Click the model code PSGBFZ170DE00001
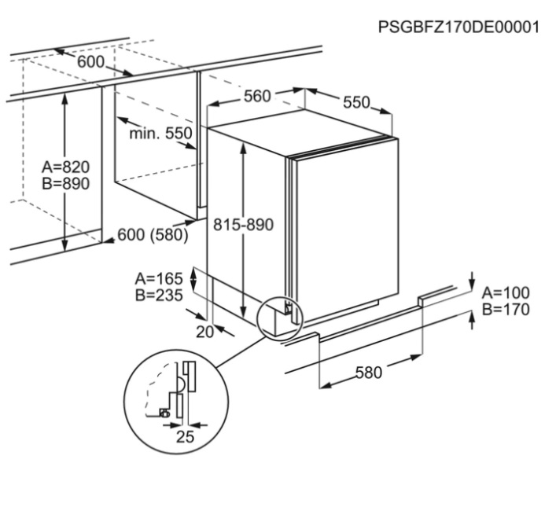point(458,27)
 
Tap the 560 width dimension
point(257,96)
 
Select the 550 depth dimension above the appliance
point(356,102)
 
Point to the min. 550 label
point(160,133)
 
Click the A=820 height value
point(66,167)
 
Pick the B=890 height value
point(66,183)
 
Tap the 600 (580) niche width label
point(153,234)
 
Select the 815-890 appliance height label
point(243,225)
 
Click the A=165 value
point(159,279)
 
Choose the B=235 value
point(159,296)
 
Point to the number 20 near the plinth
point(204,332)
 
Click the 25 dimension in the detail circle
point(185,437)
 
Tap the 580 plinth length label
point(369,373)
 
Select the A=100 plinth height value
point(506,293)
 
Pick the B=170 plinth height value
point(506,309)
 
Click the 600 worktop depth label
point(90,62)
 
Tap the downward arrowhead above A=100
point(472,285)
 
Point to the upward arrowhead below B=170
point(472,317)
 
